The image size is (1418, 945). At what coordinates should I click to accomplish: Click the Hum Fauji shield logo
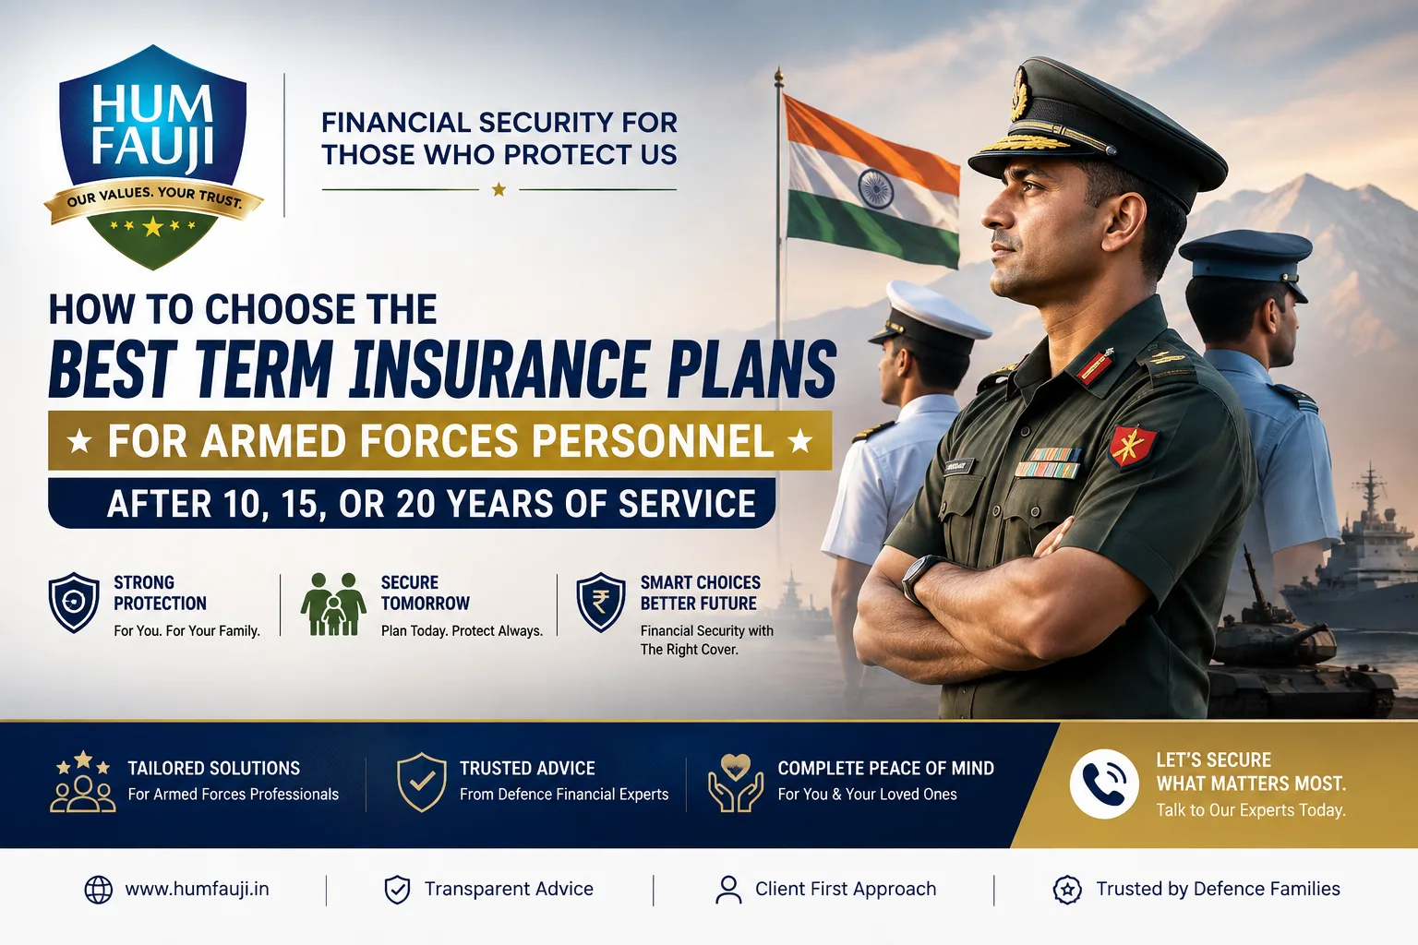click(152, 157)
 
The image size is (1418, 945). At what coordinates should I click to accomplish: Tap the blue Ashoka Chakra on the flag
click(875, 189)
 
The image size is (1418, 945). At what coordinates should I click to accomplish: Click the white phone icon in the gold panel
click(1104, 784)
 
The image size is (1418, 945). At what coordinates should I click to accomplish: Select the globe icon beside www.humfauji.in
click(98, 890)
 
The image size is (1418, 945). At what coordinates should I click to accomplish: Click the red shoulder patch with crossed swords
click(1132, 446)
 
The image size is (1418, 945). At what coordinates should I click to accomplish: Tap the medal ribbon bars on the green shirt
click(1048, 462)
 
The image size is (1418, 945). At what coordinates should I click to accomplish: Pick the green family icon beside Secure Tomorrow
click(333, 604)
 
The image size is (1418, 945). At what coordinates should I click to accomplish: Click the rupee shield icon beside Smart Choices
click(600, 602)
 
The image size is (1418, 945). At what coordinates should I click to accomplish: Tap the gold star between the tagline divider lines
click(499, 189)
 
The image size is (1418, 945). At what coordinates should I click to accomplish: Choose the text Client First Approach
click(845, 890)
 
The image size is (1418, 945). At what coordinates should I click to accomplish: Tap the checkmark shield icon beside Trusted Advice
click(421, 782)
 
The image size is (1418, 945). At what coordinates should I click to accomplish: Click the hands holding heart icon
click(735, 783)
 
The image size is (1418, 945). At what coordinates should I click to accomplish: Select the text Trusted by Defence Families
click(1218, 890)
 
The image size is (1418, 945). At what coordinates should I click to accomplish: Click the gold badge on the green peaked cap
click(1019, 93)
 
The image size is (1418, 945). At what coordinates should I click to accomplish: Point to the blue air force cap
click(1245, 258)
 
